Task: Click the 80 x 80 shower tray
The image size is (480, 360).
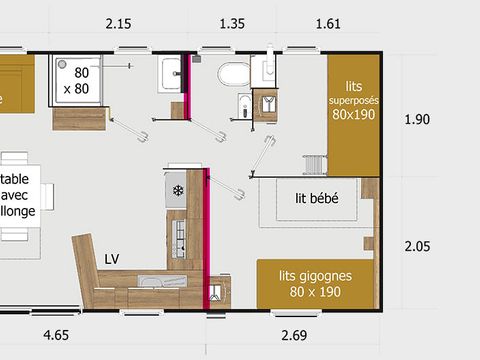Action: (x=80, y=80)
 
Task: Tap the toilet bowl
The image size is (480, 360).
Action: (x=233, y=75)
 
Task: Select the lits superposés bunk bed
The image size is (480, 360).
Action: (x=354, y=115)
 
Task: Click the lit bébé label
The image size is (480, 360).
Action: (x=316, y=198)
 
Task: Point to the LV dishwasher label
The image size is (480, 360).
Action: (x=113, y=259)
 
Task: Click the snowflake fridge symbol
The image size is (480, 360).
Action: (x=178, y=190)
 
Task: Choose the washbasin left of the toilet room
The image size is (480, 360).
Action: (x=170, y=73)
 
